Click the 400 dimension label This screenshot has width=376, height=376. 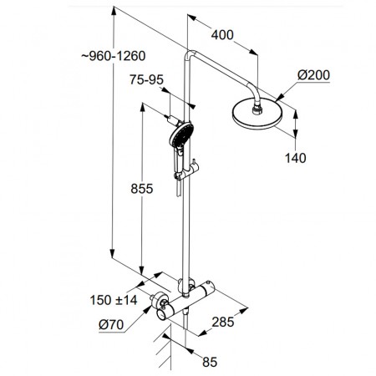[222, 35]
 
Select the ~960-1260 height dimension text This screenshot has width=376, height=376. [114, 56]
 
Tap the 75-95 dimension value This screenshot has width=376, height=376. [146, 80]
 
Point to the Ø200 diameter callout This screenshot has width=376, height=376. [313, 75]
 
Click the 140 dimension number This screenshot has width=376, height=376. [296, 158]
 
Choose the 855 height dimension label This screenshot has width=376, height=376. [142, 189]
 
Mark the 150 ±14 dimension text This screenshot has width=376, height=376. [114, 300]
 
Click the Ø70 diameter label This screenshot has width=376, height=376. [111, 324]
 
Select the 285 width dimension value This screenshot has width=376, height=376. [223, 323]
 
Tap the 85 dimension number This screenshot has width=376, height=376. [210, 362]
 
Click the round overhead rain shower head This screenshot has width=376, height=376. [257, 115]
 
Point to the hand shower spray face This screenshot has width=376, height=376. [181, 135]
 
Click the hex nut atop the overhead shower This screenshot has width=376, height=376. [257, 109]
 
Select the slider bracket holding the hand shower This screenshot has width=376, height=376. [187, 170]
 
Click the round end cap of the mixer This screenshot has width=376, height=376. [163, 315]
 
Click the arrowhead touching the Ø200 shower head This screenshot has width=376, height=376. [279, 97]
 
